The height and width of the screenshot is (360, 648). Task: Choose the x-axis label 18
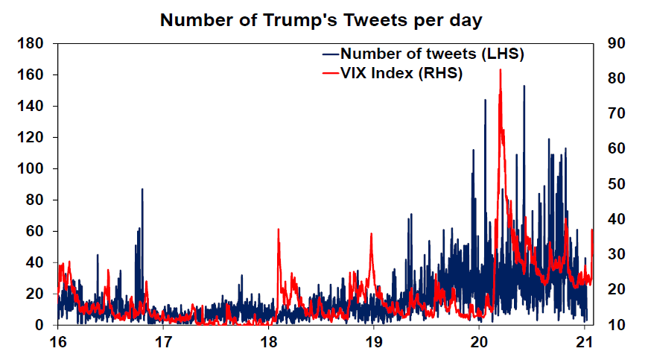tap(268, 343)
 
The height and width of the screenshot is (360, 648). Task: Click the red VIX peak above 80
tap(500, 70)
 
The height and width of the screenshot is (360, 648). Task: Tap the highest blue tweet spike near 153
tap(524, 86)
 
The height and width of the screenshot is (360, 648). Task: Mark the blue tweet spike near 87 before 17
tap(142, 190)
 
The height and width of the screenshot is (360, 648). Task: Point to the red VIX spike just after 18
tap(278, 230)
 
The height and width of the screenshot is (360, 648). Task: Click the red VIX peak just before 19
tap(371, 235)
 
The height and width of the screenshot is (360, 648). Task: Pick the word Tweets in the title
tap(384, 20)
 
